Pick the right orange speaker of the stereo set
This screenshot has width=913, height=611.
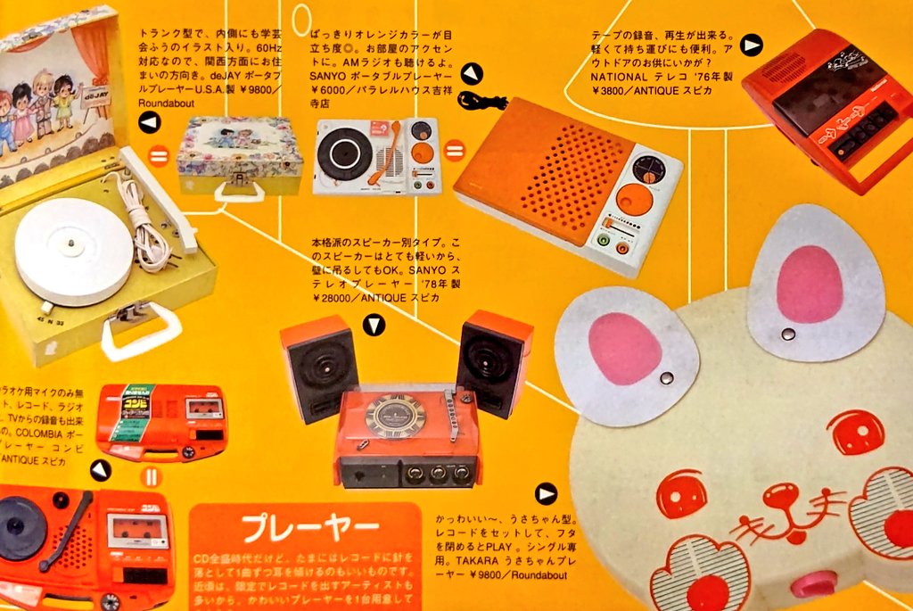pos(494,360)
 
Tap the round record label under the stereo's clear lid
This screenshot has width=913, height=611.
pos(394,416)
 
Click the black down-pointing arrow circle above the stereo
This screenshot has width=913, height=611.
pos(374,326)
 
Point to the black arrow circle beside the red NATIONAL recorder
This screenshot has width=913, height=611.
pos(752,45)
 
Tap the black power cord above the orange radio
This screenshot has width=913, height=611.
pos(481,99)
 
